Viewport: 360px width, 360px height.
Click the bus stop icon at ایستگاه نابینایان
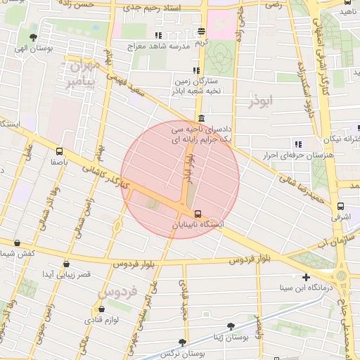[198, 213]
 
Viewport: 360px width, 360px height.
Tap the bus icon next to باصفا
[59, 150]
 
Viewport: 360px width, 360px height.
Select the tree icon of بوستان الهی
[34, 37]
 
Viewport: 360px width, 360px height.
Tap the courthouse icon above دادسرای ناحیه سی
[202, 118]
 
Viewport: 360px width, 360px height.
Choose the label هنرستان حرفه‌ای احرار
[287, 155]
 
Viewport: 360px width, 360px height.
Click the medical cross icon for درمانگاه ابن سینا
[305, 277]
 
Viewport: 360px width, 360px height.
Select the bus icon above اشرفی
[340, 207]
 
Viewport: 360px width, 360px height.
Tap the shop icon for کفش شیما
[17, 243]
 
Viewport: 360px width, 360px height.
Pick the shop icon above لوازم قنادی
[102, 309]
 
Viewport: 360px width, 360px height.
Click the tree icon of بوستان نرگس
[183, 342]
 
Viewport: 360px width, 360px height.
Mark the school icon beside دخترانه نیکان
[298, 144]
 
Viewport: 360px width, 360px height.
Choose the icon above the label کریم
[202, 31]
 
